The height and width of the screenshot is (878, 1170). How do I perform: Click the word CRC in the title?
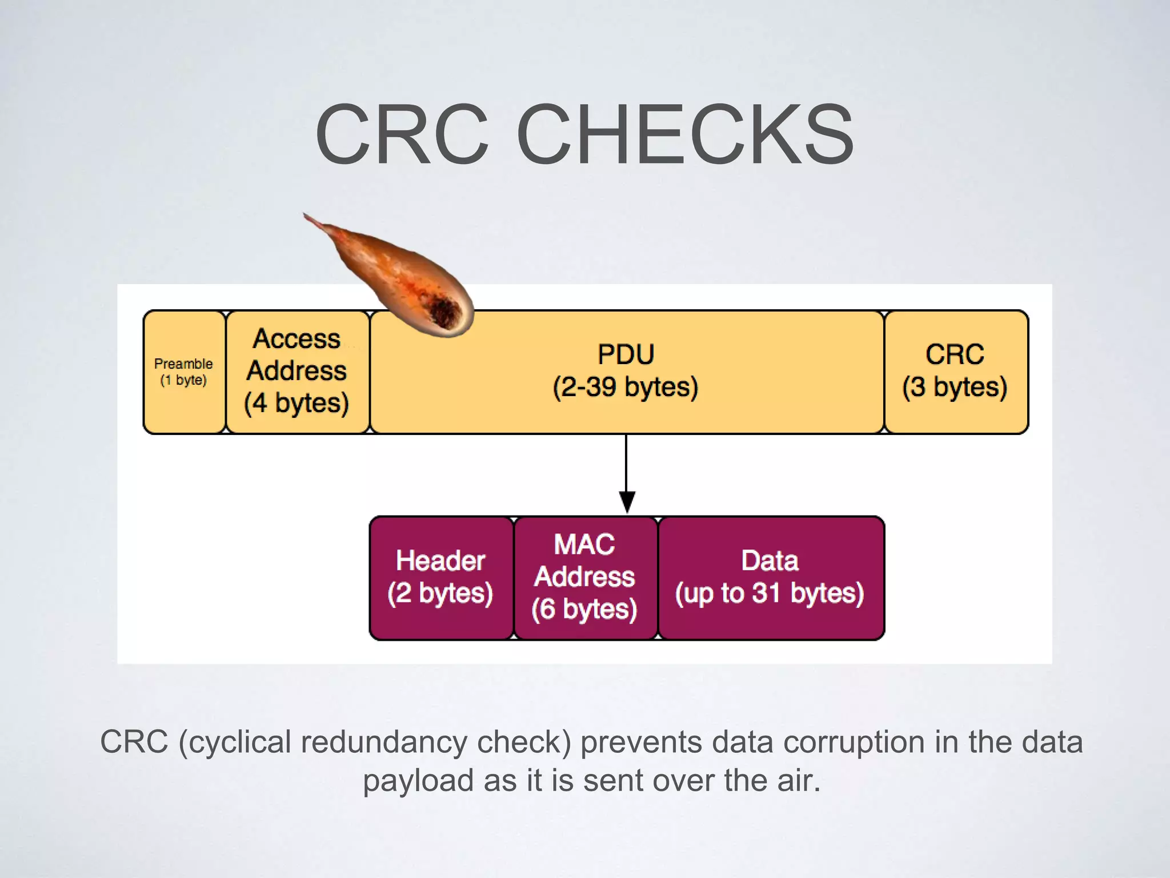[x=402, y=135]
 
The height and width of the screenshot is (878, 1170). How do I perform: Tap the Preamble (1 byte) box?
[x=184, y=372]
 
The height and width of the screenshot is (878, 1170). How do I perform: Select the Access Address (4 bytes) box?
[x=297, y=372]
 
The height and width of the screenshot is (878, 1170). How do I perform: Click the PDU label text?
[x=626, y=354]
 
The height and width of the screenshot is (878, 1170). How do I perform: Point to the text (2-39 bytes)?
[x=626, y=387]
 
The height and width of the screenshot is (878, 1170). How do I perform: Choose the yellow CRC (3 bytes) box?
[x=955, y=372]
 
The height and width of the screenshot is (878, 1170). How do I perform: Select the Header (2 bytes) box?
[x=440, y=577]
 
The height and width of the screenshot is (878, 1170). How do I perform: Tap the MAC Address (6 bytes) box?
[x=585, y=577]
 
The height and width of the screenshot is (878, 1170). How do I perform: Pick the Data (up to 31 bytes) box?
[x=770, y=577]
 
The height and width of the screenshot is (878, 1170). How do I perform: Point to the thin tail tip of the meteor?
[x=308, y=217]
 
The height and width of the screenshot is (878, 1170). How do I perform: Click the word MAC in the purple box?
[x=584, y=544]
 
